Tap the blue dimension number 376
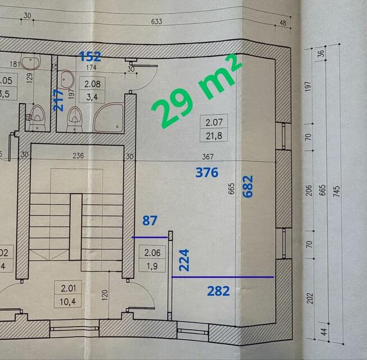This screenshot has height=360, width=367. point(207,173)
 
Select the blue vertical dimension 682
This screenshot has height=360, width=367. point(248,186)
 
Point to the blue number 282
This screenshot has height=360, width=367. point(219,291)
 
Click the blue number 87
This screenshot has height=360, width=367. point(149,221)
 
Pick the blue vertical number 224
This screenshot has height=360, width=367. point(183,260)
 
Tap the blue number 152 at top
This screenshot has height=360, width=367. point(90,56)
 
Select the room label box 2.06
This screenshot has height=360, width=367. point(153,259)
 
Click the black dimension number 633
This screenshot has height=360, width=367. point(157,22)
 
